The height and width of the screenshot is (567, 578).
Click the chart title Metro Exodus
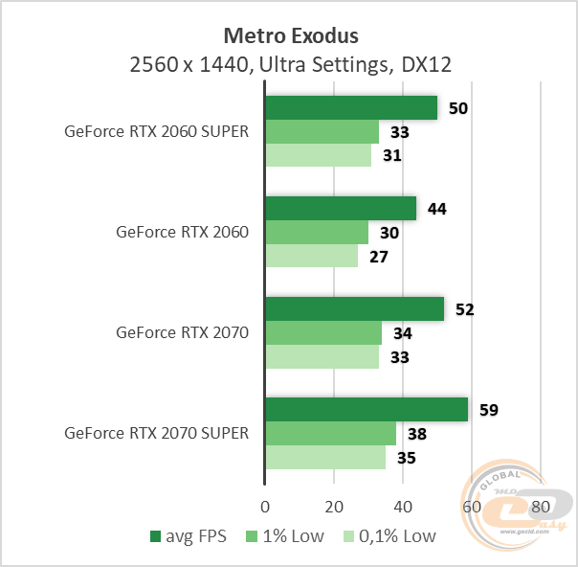click(290, 36)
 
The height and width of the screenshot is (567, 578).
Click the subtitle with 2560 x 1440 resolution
click(290, 65)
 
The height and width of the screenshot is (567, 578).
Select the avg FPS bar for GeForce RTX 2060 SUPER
click(350, 108)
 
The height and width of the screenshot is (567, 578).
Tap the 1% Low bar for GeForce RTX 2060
click(316, 233)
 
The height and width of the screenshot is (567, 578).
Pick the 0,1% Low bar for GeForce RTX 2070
click(322, 357)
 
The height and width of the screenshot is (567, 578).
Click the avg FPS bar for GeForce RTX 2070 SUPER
click(366, 410)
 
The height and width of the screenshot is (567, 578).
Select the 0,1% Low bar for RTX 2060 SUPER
click(318, 156)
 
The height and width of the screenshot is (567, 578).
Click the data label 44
click(435, 209)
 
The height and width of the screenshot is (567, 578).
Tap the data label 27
click(377, 257)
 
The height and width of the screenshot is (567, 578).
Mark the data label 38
click(416, 434)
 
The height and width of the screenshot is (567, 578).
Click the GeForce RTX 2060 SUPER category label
click(156, 132)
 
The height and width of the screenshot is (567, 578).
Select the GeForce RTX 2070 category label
click(182, 333)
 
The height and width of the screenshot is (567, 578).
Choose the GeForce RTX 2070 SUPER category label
click(156, 433)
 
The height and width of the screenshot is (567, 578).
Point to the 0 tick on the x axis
click(265, 506)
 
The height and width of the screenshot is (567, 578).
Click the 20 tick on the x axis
click(333, 506)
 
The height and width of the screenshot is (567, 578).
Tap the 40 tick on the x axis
click(402, 506)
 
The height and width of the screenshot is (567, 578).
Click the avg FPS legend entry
click(189, 536)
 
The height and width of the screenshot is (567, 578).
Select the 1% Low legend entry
click(287, 536)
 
